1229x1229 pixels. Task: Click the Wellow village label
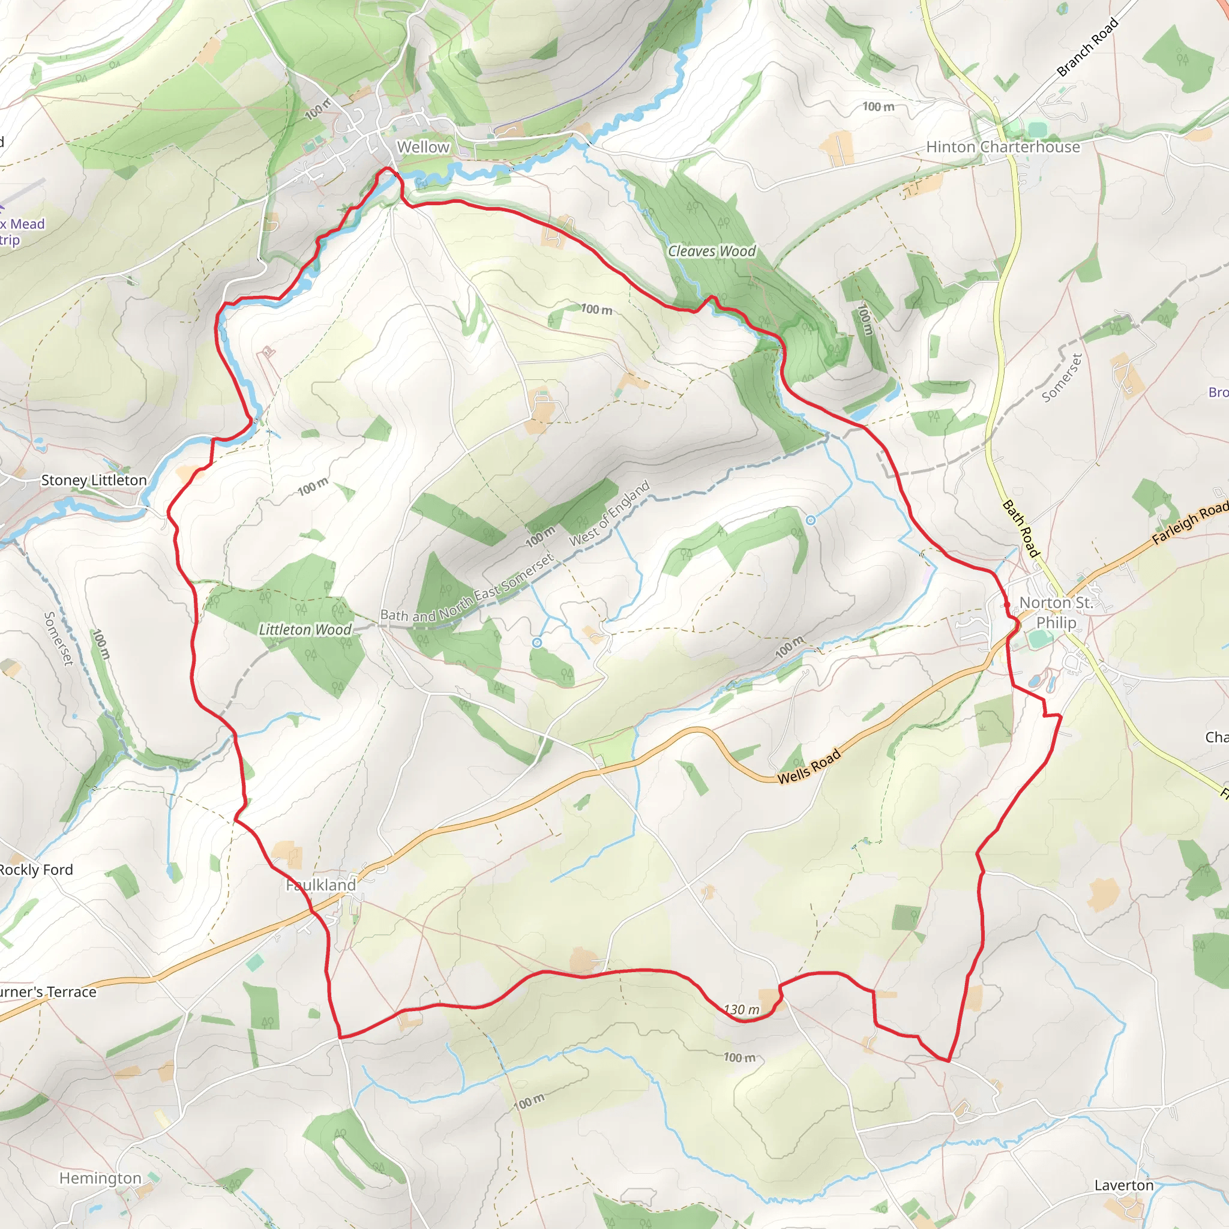click(x=423, y=147)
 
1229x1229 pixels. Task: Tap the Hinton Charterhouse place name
click(x=1003, y=147)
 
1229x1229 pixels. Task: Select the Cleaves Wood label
click(x=711, y=251)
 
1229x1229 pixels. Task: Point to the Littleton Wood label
click(x=305, y=629)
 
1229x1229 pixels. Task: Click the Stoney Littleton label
click(x=94, y=480)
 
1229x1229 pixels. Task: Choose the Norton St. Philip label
click(x=1056, y=612)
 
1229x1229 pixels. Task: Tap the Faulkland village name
click(x=321, y=885)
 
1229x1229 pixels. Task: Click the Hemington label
click(x=100, y=1178)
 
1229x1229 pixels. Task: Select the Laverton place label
click(x=1123, y=1185)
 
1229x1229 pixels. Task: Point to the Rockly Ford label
click(x=36, y=870)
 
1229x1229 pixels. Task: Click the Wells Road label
click(x=809, y=766)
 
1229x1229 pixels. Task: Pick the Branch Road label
click(x=1087, y=48)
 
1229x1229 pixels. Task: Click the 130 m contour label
click(x=742, y=1009)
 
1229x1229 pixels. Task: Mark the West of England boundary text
click(x=610, y=512)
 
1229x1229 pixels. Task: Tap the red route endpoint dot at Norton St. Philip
click(x=1007, y=604)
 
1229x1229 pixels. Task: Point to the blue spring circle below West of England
click(x=810, y=520)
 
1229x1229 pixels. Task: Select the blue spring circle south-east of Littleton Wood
click(x=537, y=643)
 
